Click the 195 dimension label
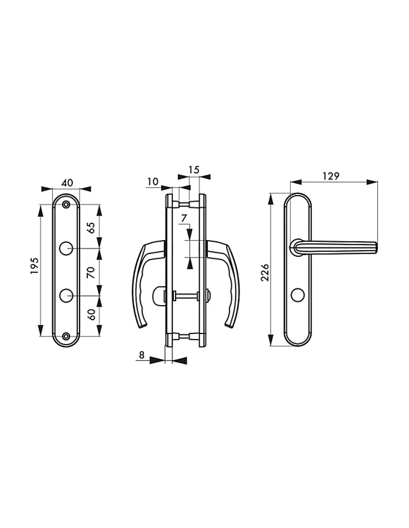[x=34, y=265]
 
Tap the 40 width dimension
[x=67, y=183]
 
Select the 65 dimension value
[x=91, y=228]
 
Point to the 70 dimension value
[x=91, y=272]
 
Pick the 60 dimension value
[x=91, y=315]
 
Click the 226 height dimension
[x=265, y=272]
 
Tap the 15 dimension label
[x=194, y=170]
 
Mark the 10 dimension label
[x=153, y=182]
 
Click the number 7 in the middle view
[x=184, y=218]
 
